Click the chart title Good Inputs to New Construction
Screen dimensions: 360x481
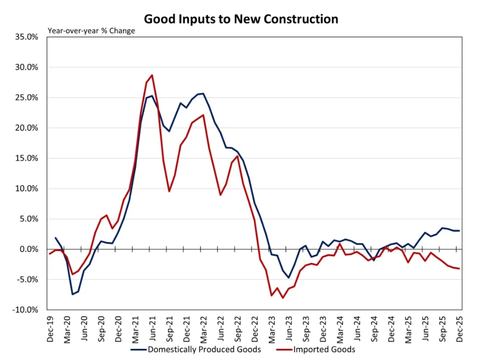(x=241, y=19)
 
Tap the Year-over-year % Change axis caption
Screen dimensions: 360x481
(x=92, y=31)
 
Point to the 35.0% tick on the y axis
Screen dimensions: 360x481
(x=26, y=37)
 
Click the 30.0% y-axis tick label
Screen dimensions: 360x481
(x=26, y=67)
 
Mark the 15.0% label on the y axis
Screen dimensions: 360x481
(x=26, y=158)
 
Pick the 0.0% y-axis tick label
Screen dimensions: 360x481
(x=29, y=249)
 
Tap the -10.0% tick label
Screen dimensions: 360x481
(x=25, y=310)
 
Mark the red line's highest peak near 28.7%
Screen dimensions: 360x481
(x=152, y=75)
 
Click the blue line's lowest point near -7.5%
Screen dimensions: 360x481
(x=72, y=294)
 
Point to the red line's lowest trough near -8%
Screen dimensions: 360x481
(x=282, y=298)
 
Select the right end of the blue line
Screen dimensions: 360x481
(x=460, y=231)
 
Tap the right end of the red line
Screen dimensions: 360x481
(x=460, y=268)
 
